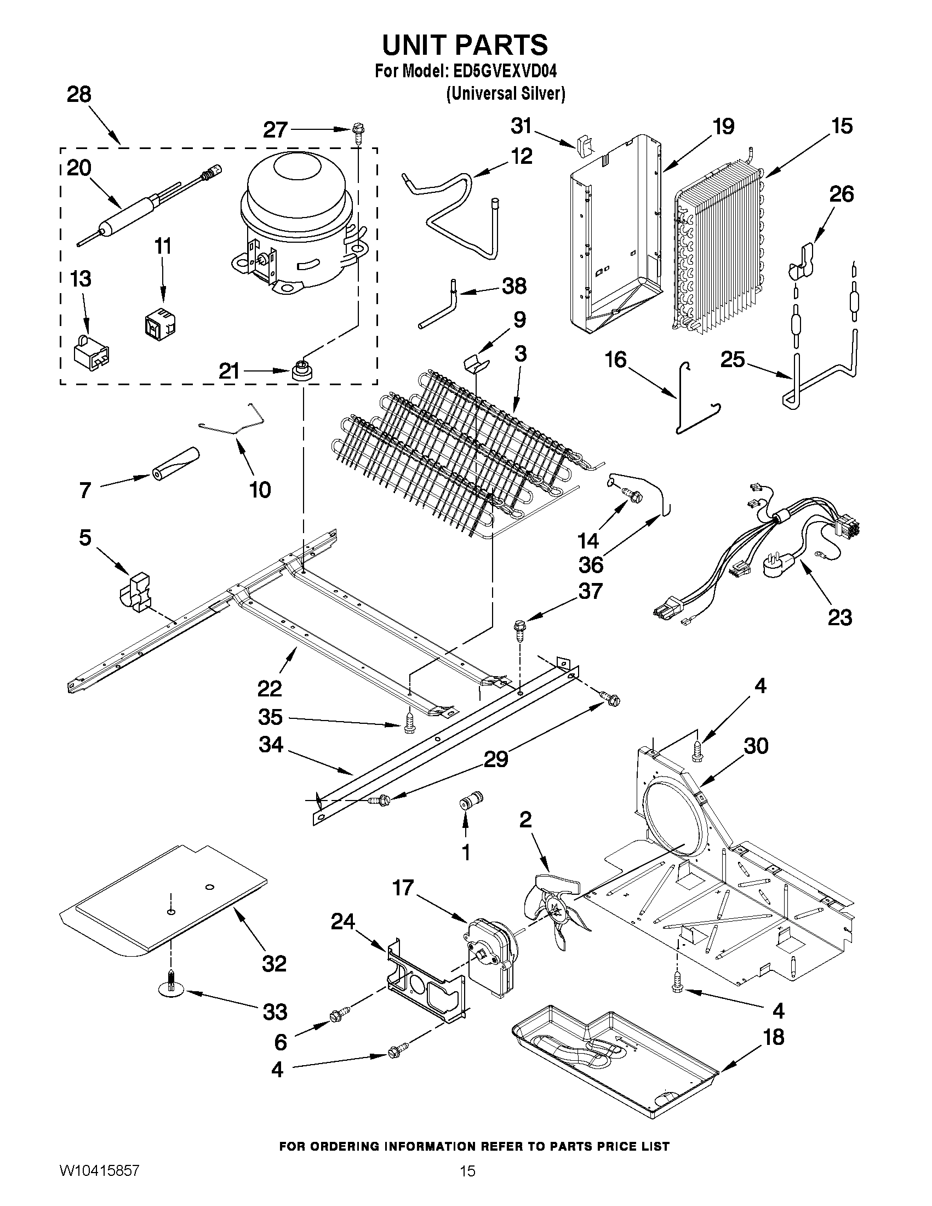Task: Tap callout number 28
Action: coord(79,94)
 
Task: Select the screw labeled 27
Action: coord(357,132)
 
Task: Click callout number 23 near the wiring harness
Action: coord(840,618)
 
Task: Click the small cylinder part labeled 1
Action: coord(471,799)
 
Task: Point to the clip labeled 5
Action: coord(136,593)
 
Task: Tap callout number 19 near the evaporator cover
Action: coord(723,127)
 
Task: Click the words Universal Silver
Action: coord(505,94)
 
